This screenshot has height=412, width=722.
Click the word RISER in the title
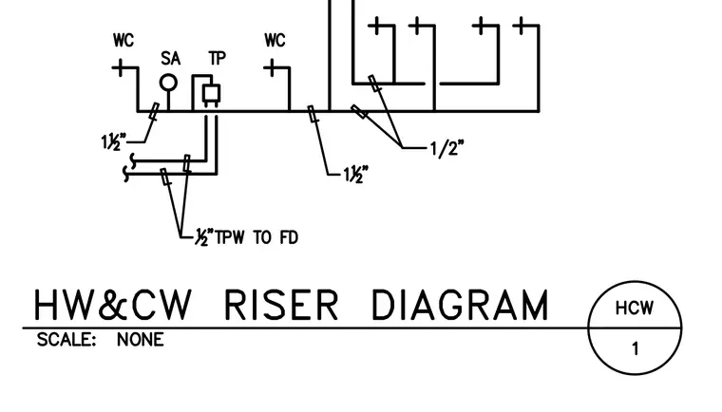(281, 305)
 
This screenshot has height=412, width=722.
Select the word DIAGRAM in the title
(460, 305)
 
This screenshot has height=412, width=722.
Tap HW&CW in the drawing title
(112, 305)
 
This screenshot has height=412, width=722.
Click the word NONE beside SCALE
(140, 340)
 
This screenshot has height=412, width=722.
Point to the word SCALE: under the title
(66, 340)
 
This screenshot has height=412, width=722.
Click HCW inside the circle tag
(635, 308)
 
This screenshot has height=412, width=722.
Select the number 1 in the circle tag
(636, 349)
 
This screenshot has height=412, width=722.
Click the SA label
(170, 59)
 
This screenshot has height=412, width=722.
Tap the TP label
(218, 59)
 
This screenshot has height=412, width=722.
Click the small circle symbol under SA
(168, 84)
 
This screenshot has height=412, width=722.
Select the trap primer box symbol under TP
(211, 94)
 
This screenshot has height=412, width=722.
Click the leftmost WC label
(123, 40)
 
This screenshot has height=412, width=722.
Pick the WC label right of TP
(275, 40)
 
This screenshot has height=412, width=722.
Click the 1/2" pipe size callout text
(446, 149)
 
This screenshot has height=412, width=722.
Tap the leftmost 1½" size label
(113, 141)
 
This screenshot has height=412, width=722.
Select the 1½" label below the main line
(356, 175)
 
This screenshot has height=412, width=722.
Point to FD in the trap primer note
(289, 237)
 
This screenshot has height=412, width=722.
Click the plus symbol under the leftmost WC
(121, 67)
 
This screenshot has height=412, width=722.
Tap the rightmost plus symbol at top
(522, 26)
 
